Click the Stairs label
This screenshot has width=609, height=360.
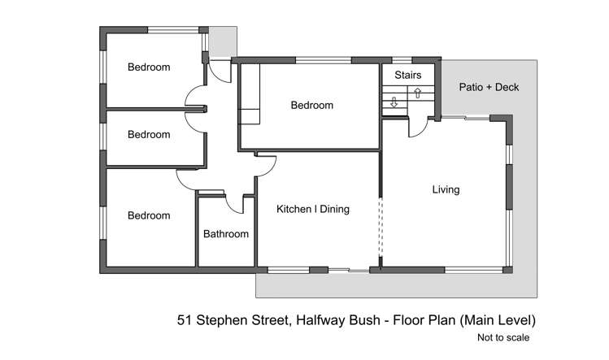coord(408,75)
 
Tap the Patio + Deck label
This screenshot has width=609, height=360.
coord(489,87)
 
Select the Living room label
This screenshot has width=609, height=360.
coord(446,189)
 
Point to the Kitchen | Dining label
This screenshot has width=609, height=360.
coord(313,209)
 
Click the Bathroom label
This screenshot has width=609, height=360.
coord(225,234)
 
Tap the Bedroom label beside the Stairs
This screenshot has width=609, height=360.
coord(312,105)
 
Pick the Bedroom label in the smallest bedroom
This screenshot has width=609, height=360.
coord(149,134)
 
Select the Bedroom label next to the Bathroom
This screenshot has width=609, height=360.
coord(149,215)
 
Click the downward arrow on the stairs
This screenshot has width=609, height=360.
coord(394,102)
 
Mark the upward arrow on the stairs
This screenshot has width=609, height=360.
coord(417,92)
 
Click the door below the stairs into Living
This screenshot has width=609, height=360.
coord(416,126)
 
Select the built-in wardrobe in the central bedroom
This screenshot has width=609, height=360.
coord(249,93)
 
